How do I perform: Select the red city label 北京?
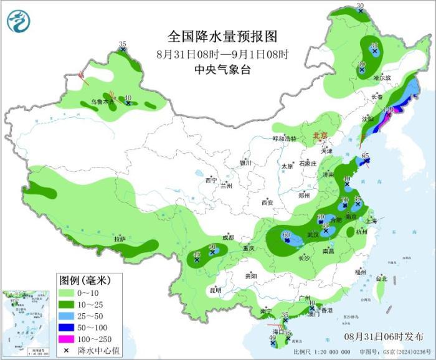320,135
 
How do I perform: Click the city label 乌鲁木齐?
104,101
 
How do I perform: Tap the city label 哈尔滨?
382,78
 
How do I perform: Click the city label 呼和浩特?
285,138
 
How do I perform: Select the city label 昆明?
215,290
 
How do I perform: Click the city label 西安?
267,202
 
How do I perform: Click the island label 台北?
381,280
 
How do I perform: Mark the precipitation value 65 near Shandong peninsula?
366,156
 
